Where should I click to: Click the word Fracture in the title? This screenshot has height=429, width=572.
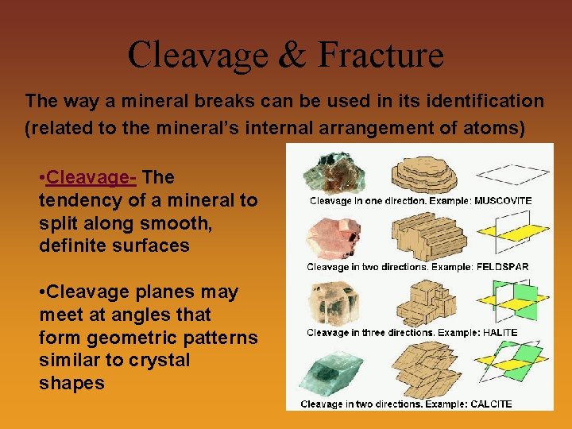[381, 56]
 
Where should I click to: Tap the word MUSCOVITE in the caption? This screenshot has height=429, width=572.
[502, 201]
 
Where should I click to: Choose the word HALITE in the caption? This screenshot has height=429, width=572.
[500, 332]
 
